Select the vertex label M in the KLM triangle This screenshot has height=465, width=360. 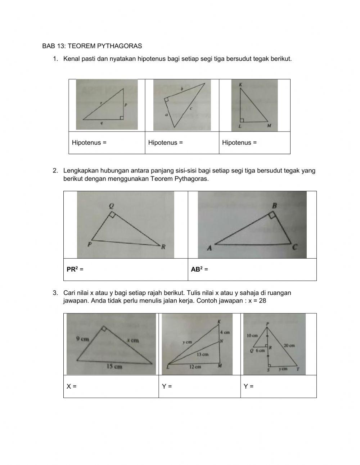269,126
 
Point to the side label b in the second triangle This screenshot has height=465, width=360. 182,89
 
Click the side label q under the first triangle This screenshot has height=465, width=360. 102,123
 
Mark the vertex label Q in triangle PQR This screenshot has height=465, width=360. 111,206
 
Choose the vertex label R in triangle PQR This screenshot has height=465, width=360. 163,247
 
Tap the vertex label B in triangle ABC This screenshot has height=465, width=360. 274,206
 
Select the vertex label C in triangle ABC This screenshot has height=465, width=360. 294,247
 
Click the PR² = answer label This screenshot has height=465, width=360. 75,269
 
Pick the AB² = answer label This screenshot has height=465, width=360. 199,269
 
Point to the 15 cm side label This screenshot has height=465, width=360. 114,367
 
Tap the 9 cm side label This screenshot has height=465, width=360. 82,339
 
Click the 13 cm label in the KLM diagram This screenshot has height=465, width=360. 202,354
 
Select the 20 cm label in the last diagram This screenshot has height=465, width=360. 289,345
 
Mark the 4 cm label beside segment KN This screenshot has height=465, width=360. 225,332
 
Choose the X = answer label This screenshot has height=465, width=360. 71,386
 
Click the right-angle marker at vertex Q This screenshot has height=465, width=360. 112,215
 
